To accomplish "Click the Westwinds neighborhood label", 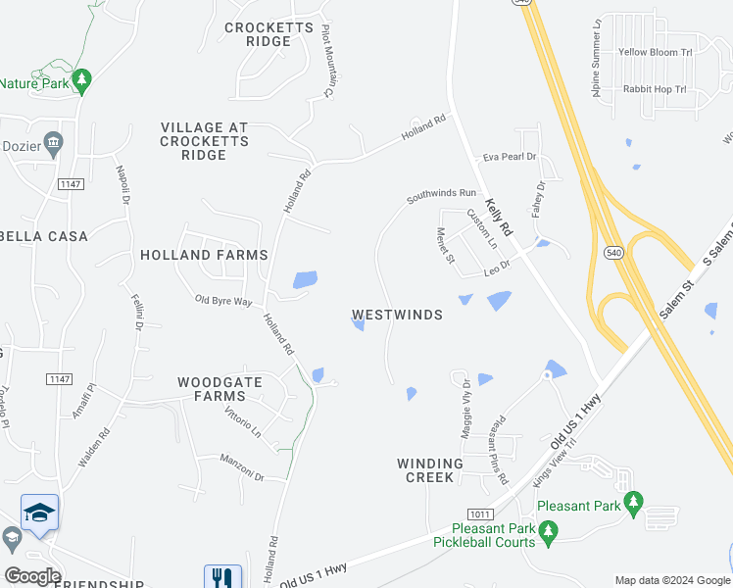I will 397,316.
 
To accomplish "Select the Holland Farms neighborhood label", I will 204,255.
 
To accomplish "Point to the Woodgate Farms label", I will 220,389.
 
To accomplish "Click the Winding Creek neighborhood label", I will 429,470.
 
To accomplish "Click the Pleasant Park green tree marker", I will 633,504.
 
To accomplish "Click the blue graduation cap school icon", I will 39,513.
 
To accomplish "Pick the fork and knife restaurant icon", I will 222,578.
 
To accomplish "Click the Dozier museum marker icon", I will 54,144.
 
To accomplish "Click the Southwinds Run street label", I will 441,196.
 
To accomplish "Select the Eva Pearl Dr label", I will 510,157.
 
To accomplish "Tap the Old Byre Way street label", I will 223,301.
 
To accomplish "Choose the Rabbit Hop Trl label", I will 655,90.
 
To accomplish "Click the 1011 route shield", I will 479,513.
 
